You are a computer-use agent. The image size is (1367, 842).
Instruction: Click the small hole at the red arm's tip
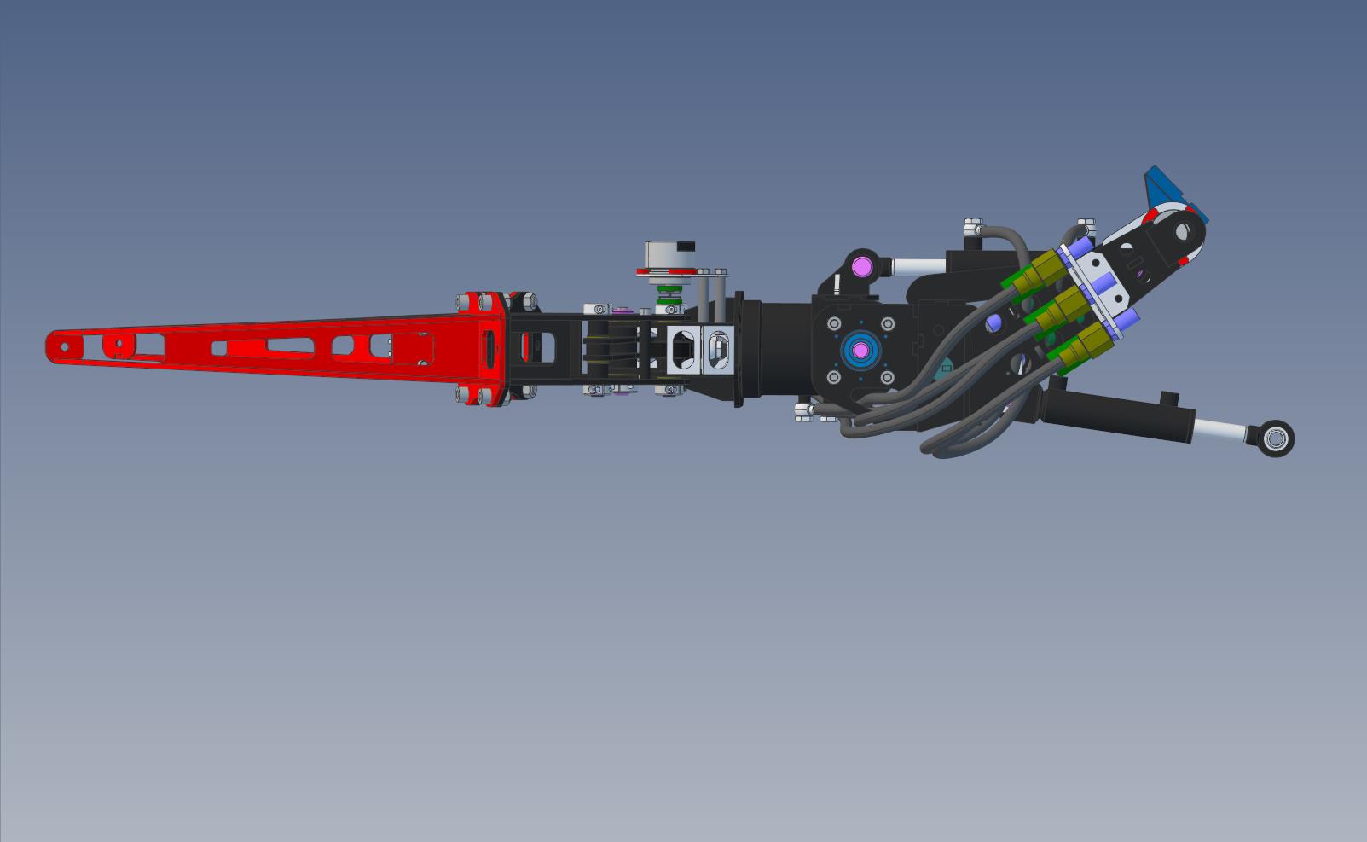[63, 346]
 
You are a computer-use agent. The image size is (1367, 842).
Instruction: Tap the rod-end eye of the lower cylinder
[1277, 439]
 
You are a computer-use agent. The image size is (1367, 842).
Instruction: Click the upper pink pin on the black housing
[860, 266]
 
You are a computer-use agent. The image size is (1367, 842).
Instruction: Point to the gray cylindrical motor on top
[669, 253]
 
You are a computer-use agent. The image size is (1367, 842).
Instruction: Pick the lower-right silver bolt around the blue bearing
[887, 376]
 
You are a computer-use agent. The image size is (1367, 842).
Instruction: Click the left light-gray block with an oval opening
[682, 350]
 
